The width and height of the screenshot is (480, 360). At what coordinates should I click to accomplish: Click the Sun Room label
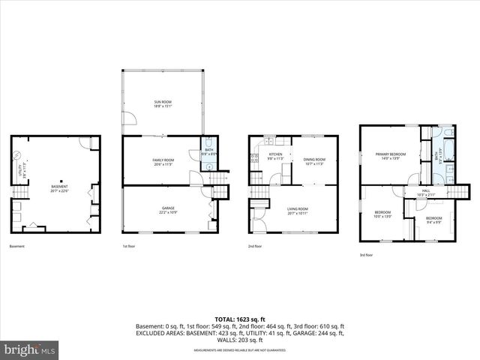click(x=163, y=103)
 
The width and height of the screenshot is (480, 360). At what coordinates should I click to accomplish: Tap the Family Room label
click(x=163, y=160)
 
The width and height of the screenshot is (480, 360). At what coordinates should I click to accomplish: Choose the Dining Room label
click(x=313, y=160)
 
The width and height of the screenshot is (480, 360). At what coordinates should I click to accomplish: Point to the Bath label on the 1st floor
click(x=209, y=152)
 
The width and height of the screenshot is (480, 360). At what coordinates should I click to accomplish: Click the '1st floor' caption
click(x=130, y=246)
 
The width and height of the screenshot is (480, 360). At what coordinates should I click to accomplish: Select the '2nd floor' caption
click(x=256, y=246)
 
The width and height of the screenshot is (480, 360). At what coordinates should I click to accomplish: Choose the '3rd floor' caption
click(x=367, y=255)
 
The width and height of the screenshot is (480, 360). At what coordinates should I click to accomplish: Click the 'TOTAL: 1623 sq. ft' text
click(x=239, y=319)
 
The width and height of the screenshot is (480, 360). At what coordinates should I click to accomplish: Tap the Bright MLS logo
click(x=30, y=349)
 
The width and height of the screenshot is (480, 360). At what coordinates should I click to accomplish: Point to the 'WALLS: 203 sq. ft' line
click(x=239, y=340)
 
